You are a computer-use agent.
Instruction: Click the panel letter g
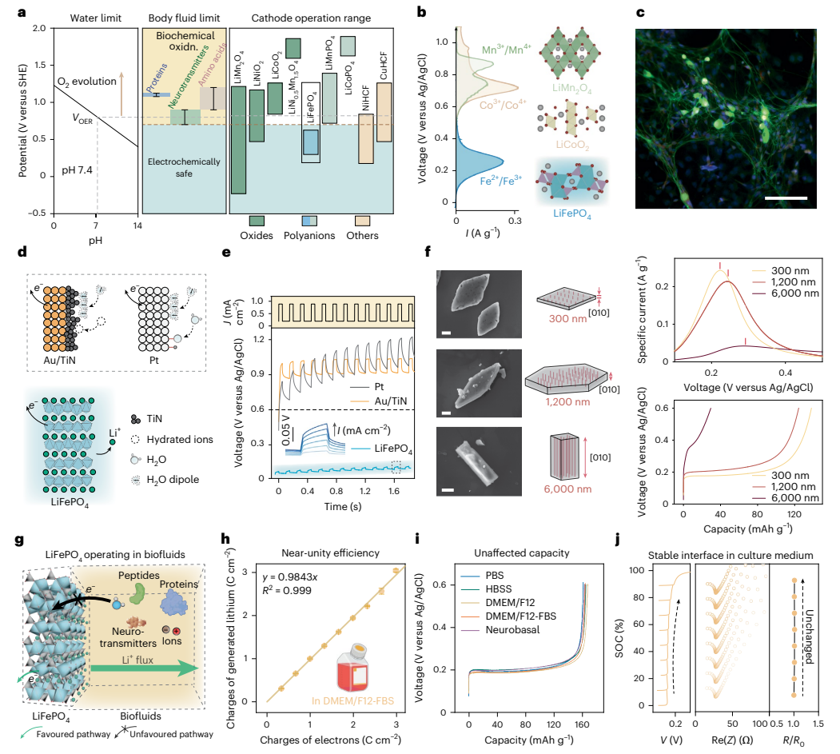pos(18,540)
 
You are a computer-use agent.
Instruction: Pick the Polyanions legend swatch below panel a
pos(310,220)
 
